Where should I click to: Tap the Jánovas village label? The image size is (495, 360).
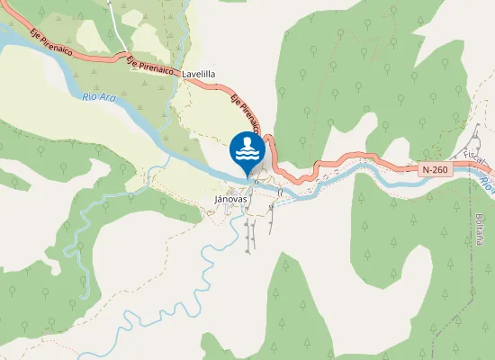coord(231,198)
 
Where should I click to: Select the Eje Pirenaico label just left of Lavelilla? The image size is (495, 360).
coord(149,67)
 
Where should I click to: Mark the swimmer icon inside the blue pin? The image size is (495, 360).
coord(247,145)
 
